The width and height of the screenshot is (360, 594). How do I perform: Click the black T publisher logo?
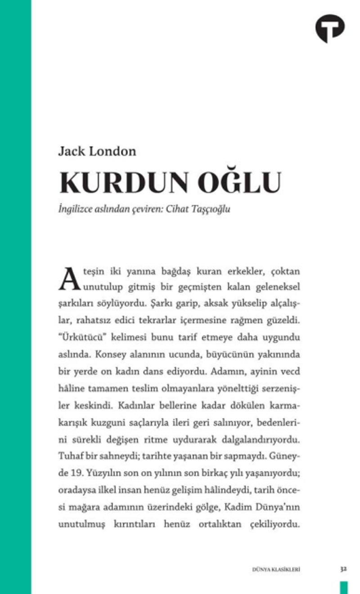click(330, 28)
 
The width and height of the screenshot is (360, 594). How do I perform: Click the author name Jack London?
click(97, 151)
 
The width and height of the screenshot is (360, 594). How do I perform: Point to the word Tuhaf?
click(68, 456)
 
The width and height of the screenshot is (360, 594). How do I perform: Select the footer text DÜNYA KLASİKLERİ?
click(276, 569)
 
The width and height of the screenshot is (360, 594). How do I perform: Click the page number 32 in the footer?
click(343, 569)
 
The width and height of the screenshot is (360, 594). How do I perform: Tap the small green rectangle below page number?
click(344, 587)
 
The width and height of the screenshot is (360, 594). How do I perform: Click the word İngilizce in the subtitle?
click(76, 209)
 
